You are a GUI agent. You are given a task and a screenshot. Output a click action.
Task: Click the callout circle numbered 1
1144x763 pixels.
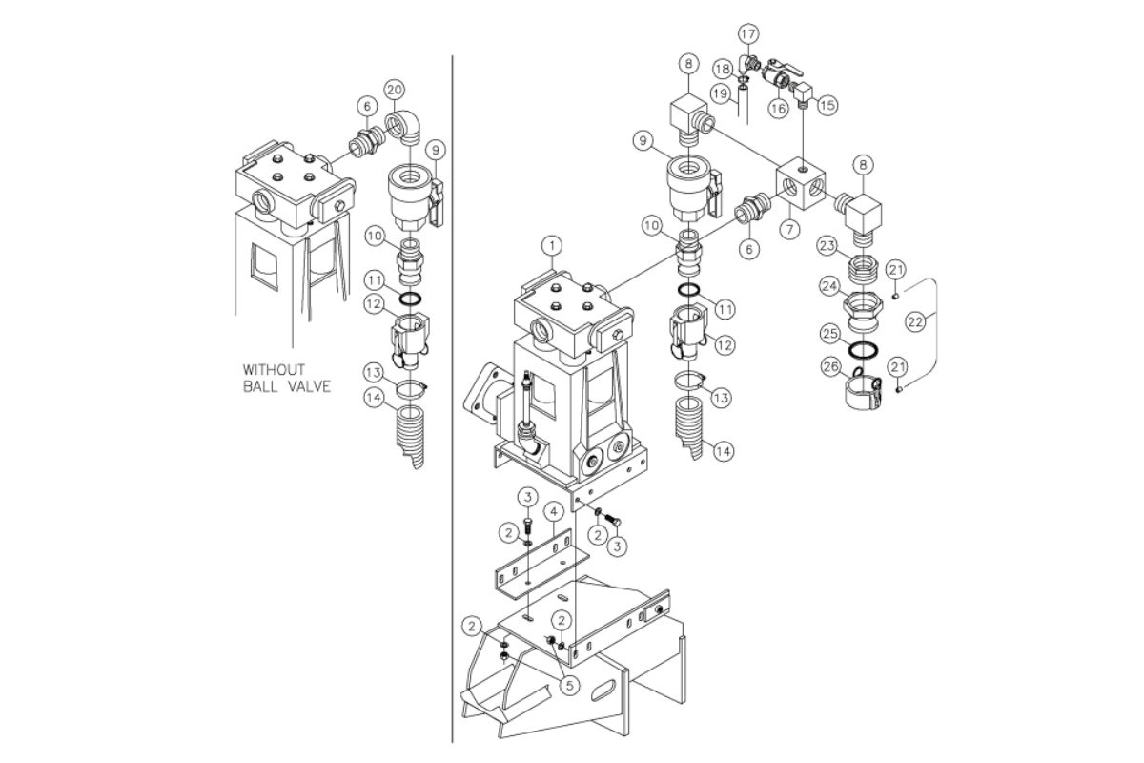point(552,246)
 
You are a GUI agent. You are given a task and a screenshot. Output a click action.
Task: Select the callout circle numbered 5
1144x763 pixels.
point(570,686)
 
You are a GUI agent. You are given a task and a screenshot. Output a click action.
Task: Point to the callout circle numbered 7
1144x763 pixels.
point(790,229)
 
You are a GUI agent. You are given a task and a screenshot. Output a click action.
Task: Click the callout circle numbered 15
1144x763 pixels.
point(827,105)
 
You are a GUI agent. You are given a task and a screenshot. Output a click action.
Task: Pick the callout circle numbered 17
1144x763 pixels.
point(748,34)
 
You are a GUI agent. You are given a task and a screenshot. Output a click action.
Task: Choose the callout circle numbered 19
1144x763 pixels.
point(721,93)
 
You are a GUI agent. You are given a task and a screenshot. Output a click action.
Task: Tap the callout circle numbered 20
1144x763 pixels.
point(395,90)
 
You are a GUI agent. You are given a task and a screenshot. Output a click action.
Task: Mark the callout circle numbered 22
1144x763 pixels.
point(915,322)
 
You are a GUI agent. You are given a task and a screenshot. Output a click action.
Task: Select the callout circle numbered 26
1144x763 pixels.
point(831,366)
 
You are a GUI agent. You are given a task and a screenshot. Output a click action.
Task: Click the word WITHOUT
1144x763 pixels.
point(274,369)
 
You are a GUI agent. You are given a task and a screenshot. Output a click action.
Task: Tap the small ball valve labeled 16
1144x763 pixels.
point(777,74)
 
